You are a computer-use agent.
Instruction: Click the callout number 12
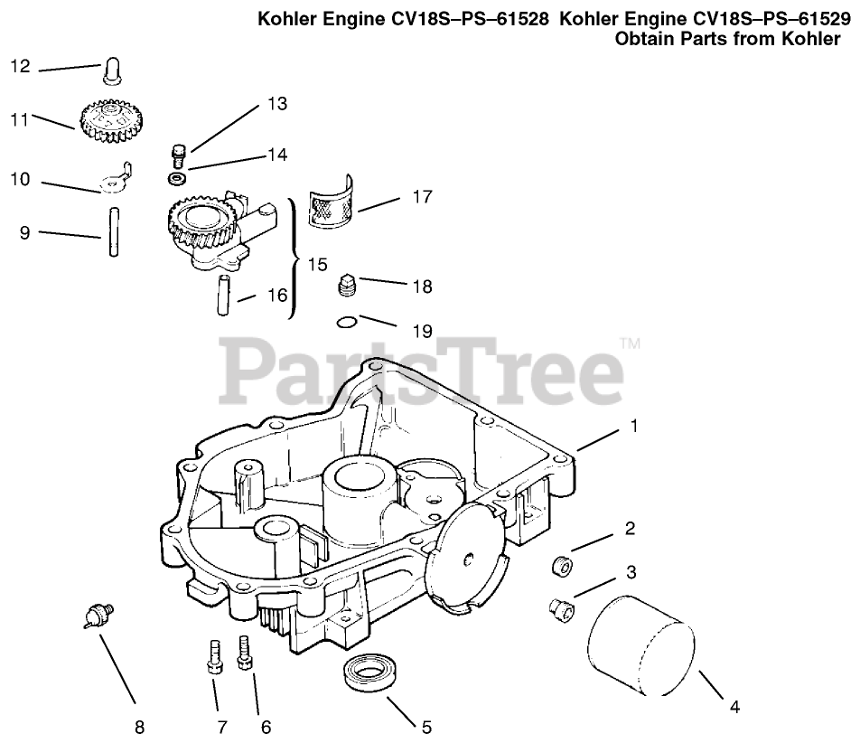coord(20,66)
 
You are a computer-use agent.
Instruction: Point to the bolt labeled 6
coord(243,653)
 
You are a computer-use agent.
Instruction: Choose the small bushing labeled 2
coord(561,567)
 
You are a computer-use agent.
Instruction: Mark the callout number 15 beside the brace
coord(317,265)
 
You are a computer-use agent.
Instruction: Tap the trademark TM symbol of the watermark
coord(630,343)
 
